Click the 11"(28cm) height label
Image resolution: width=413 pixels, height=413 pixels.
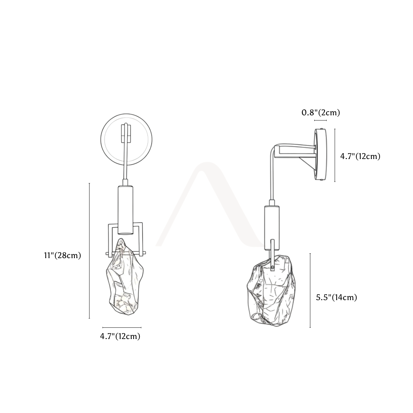(63, 255)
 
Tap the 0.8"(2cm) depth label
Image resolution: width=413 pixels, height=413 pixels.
(321, 113)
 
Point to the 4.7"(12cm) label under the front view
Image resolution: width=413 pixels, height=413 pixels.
(120, 336)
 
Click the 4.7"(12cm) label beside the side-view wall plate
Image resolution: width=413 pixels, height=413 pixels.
(360, 156)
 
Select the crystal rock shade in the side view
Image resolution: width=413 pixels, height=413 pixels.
(271, 291)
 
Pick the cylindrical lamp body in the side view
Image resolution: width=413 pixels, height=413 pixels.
(272, 228)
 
